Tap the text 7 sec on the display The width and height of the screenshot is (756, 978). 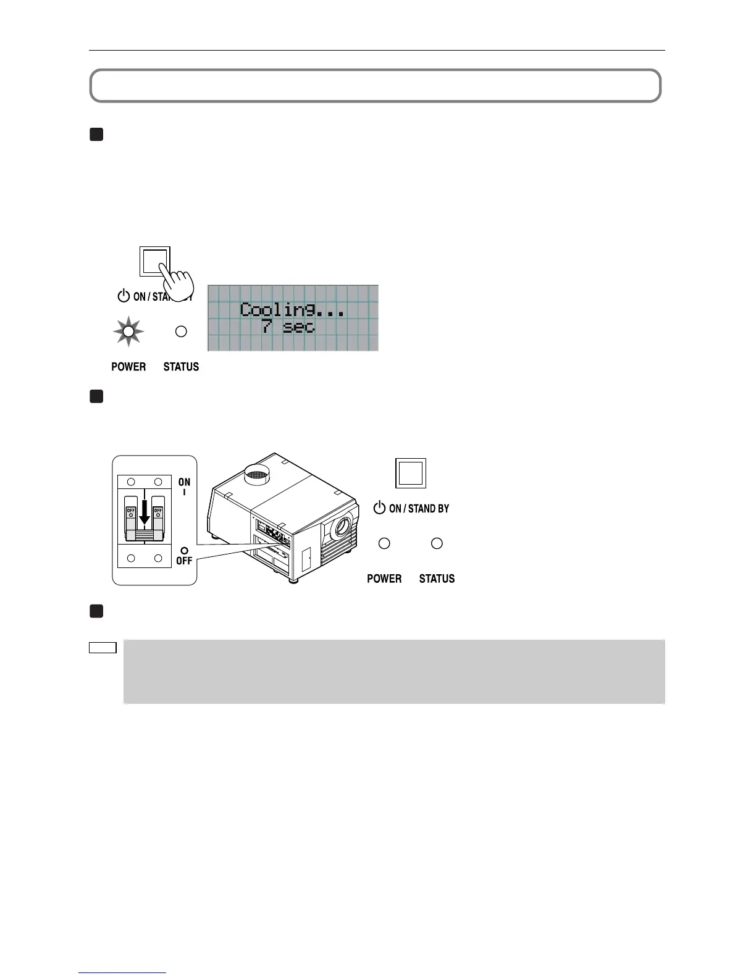click(x=288, y=327)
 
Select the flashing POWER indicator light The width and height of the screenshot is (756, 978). click(x=128, y=332)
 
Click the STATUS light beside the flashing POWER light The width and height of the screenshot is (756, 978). click(x=181, y=332)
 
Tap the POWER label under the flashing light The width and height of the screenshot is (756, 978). click(x=128, y=367)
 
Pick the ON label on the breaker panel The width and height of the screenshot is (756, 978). click(x=184, y=482)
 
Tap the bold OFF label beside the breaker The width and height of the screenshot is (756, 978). click(x=184, y=561)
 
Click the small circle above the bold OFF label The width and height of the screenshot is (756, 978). click(x=184, y=551)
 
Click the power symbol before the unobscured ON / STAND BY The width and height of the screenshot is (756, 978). click(x=379, y=508)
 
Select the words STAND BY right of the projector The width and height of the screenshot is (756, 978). click(x=429, y=509)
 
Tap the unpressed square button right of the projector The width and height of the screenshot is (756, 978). click(x=411, y=474)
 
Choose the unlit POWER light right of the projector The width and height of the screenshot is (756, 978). click(x=384, y=543)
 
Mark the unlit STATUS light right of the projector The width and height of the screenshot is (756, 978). click(x=437, y=543)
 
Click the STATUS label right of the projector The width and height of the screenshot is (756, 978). click(x=437, y=579)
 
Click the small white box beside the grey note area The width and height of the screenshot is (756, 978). click(x=103, y=648)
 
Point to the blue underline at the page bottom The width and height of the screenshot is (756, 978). click(x=122, y=973)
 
